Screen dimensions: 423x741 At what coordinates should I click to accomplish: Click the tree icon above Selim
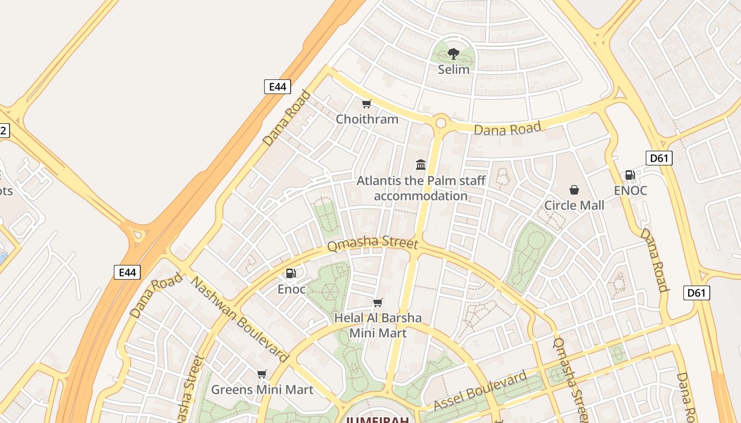[453, 53]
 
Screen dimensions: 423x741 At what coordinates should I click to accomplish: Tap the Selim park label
[454, 69]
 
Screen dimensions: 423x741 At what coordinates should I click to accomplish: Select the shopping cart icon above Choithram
[366, 104]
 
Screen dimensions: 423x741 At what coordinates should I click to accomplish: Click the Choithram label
[367, 119]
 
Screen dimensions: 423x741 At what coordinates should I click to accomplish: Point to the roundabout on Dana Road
[440, 123]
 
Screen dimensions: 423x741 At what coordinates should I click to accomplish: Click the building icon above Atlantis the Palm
[421, 164]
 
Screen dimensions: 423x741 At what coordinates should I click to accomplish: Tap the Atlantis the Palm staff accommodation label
[421, 188]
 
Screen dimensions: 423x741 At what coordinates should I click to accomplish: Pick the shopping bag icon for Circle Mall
[574, 190]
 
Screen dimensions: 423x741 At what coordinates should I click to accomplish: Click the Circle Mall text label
[574, 205]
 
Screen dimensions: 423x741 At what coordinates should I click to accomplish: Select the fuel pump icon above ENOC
[630, 175]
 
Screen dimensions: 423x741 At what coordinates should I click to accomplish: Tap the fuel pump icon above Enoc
[291, 273]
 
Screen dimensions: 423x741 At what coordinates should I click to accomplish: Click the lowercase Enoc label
[292, 289]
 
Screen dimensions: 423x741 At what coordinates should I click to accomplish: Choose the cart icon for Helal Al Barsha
[377, 303]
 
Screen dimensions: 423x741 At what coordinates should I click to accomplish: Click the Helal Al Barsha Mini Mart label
[378, 325]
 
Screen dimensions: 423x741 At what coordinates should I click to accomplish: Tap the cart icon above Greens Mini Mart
[261, 374]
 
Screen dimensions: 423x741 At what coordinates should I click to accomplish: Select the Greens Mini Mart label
[263, 390]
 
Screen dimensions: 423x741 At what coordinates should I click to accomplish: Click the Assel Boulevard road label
[481, 391]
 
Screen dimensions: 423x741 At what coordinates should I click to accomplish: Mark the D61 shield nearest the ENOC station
[659, 158]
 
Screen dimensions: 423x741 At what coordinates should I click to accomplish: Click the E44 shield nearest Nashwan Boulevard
[128, 272]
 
